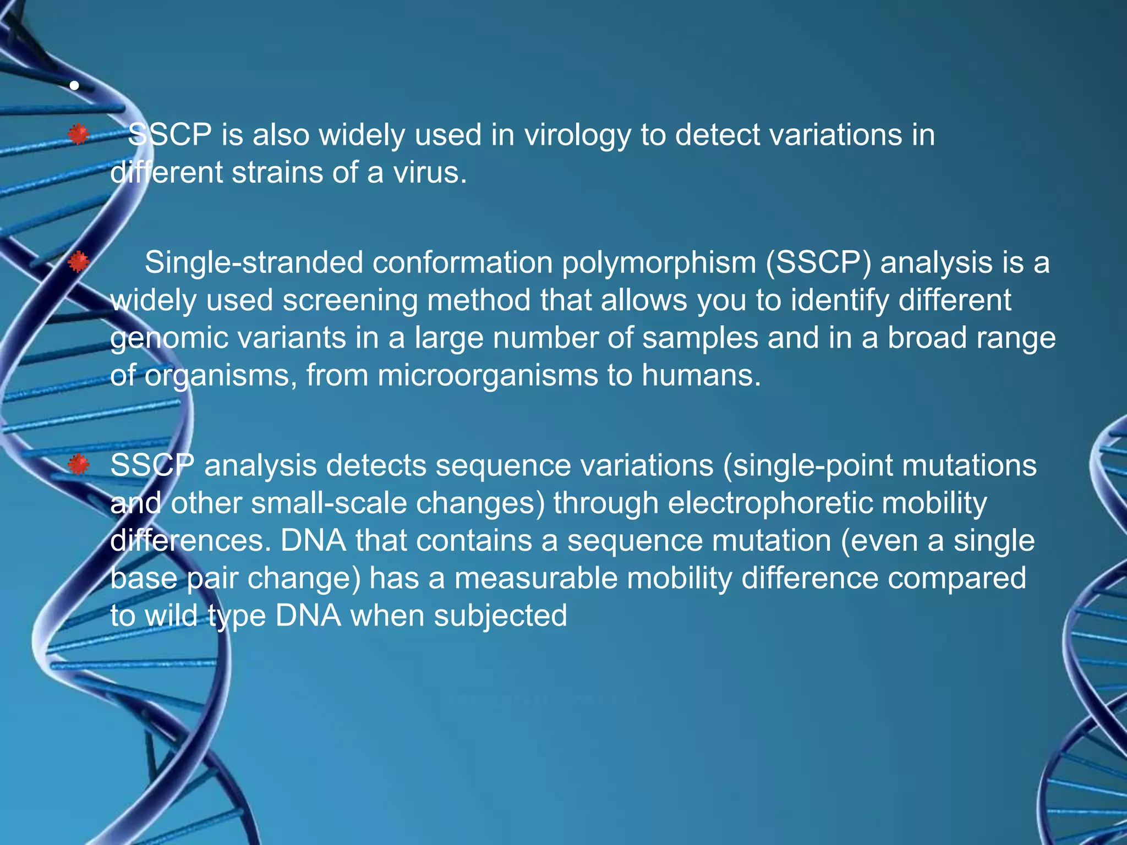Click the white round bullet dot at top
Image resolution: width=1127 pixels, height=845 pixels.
coord(74,85)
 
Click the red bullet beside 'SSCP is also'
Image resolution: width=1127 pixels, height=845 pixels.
coord(79,134)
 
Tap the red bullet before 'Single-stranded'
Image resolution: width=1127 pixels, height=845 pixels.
coord(79,262)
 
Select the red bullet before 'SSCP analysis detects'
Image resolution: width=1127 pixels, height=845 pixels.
coord(79,465)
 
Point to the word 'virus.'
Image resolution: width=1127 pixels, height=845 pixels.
coord(430,173)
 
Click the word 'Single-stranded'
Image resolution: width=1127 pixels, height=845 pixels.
coord(254,262)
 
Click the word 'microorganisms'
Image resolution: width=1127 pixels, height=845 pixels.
coord(488,376)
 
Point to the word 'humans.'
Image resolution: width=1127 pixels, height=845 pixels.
coord(701,376)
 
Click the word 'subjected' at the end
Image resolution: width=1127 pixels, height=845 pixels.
coord(500,616)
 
